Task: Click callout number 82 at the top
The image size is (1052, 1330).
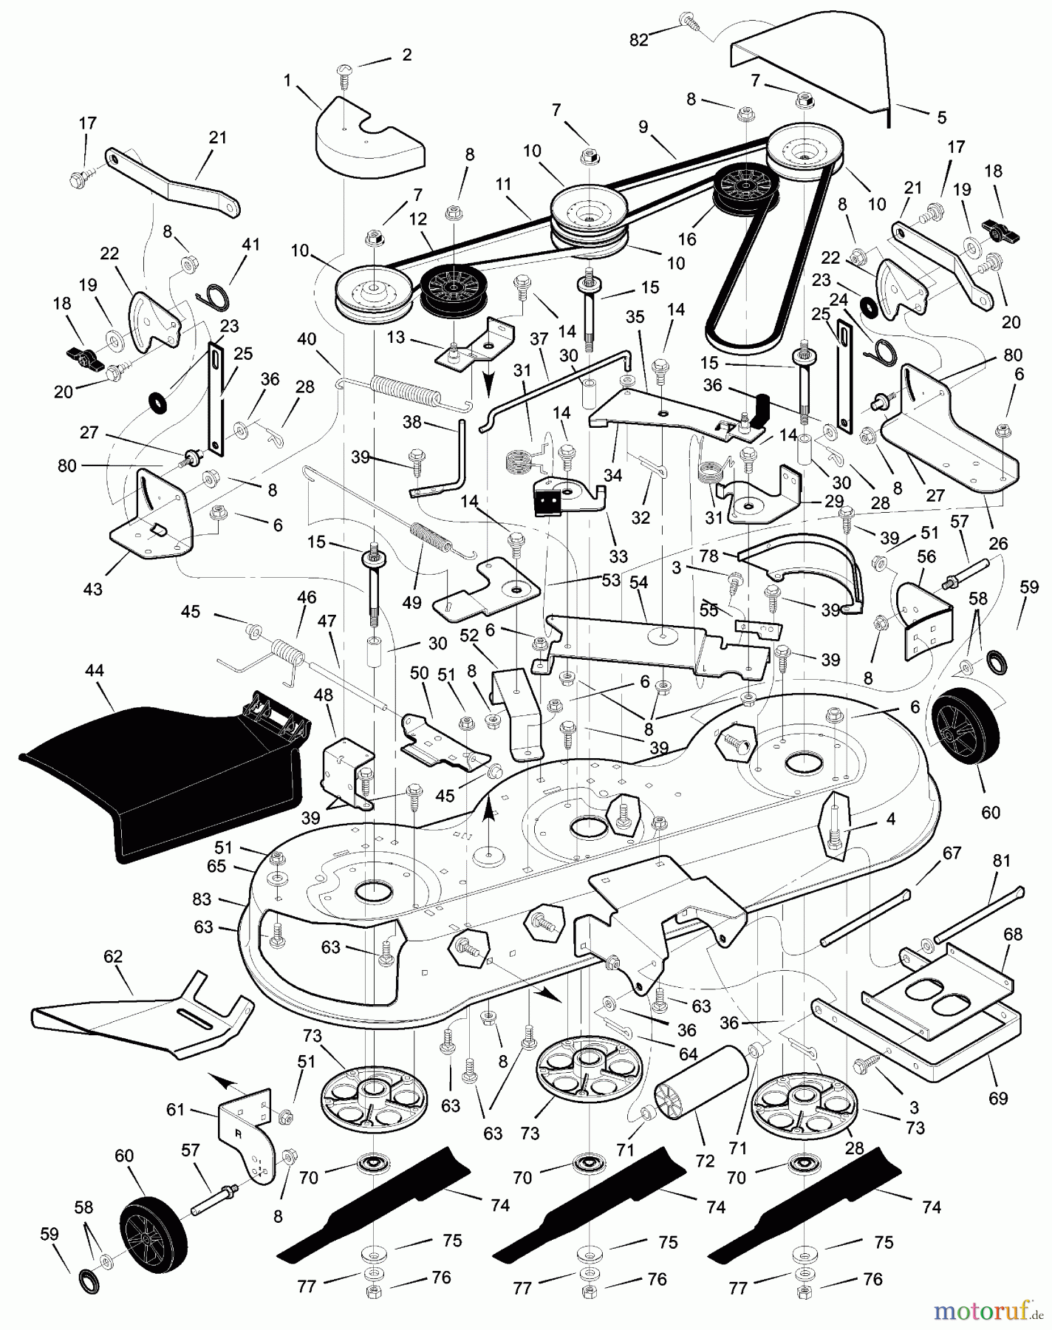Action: pos(638,41)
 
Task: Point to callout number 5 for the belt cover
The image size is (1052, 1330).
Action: pos(941,117)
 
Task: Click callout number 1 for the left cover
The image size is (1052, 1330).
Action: pos(287,81)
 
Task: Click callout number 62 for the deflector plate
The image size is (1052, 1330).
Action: pos(112,957)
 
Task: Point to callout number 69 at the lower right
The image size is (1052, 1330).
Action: pos(997,1098)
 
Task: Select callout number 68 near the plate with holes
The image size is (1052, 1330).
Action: pos(1013,934)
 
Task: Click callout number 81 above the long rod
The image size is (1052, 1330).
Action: pos(1001,861)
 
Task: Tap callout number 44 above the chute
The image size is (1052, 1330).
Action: pos(95,671)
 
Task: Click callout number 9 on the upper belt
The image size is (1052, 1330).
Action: pos(643,126)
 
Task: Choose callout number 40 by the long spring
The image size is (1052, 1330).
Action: pos(307,340)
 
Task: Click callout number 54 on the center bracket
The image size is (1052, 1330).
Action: pos(638,583)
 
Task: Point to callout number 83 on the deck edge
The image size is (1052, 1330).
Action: pos(201,899)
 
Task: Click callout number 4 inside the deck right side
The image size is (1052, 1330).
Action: pos(891,819)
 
